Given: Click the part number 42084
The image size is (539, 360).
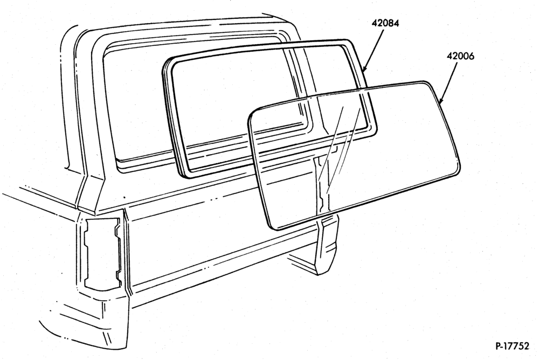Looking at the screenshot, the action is (385, 23).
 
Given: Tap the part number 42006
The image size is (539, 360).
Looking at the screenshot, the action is (460, 56).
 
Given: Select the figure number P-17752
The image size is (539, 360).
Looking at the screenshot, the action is (513, 346).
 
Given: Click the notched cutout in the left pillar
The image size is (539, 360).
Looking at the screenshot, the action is (102, 253).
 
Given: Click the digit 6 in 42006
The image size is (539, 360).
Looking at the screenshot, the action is (471, 56).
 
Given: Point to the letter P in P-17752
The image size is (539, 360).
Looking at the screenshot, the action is (499, 346).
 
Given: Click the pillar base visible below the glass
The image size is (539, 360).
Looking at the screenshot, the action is (327, 245).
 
